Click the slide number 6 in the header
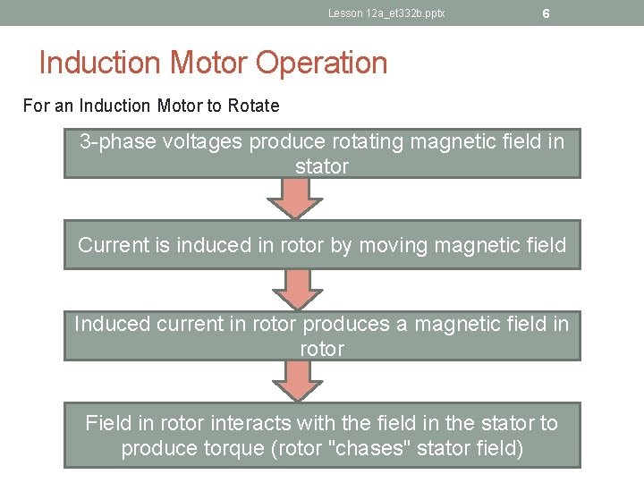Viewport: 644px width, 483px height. pyautogui.click(x=545, y=13)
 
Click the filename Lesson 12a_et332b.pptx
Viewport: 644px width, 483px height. pyautogui.click(x=386, y=13)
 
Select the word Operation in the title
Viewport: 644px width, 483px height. pyautogui.click(x=322, y=64)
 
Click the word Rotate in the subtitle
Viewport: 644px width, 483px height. pyautogui.click(x=253, y=106)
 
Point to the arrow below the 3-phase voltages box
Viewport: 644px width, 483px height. pyautogui.click(x=296, y=199)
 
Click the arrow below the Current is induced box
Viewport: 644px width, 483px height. pyautogui.click(x=296, y=290)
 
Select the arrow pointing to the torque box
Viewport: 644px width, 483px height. pyautogui.click(x=296, y=382)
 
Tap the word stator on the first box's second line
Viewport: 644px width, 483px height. pyautogui.click(x=322, y=166)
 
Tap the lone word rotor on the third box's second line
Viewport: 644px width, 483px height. pyautogui.click(x=322, y=348)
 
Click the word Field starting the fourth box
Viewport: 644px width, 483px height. pyautogui.click(x=108, y=423)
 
